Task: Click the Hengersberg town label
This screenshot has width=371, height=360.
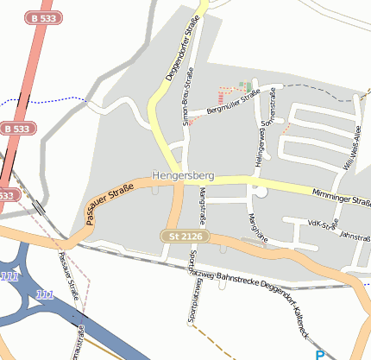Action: [182, 176]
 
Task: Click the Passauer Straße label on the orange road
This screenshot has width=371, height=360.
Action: [110, 203]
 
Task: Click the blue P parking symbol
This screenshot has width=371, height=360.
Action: [320, 354]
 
